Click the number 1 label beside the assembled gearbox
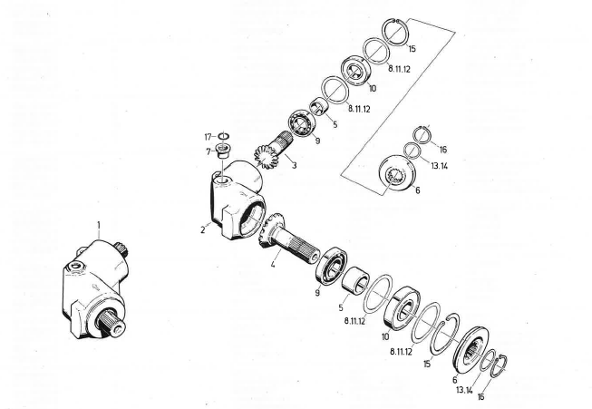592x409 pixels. pyautogui.click(x=100, y=222)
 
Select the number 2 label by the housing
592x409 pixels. pyautogui.click(x=204, y=229)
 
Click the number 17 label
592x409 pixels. pyautogui.click(x=208, y=137)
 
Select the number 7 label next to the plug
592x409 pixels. pyautogui.click(x=209, y=151)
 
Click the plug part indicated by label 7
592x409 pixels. pyautogui.click(x=223, y=151)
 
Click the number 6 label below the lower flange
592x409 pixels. pyautogui.click(x=455, y=379)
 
